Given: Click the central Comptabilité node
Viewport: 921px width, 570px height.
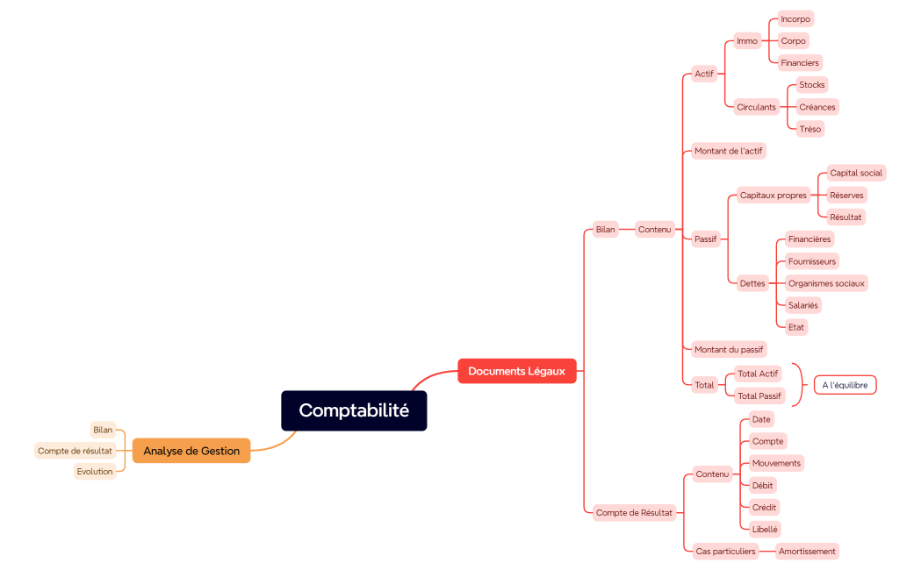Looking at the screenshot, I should [x=354, y=410].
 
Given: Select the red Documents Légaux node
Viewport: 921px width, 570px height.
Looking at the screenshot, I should [x=516, y=371].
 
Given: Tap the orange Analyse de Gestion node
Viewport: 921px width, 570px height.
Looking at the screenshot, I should [x=191, y=451].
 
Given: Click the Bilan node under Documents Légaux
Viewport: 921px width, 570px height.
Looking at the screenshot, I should [x=605, y=230].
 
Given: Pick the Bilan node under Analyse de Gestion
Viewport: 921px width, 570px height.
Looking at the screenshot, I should [x=103, y=430].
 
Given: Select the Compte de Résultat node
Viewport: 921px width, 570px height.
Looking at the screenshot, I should [x=634, y=512].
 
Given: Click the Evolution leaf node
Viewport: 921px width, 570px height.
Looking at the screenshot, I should [x=95, y=472].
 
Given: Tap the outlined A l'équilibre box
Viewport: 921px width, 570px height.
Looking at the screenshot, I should [x=845, y=385].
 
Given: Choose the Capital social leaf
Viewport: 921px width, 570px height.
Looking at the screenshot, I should [x=856, y=173].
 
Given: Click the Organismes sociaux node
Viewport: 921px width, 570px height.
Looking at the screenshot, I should [x=825, y=283].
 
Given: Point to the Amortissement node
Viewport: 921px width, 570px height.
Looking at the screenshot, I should [x=808, y=552].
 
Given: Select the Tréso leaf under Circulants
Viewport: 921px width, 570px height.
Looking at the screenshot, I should [x=809, y=129].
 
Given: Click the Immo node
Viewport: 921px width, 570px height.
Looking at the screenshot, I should [x=747, y=41].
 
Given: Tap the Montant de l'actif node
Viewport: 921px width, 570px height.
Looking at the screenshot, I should [x=728, y=151].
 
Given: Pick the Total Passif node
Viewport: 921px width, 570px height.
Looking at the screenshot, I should [x=759, y=396].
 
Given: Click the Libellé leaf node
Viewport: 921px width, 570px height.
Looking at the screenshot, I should [x=765, y=529].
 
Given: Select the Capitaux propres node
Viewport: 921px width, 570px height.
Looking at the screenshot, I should [x=773, y=196].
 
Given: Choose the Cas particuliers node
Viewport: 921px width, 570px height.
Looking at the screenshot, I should [x=725, y=552].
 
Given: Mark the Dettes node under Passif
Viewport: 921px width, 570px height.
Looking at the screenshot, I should [x=752, y=283].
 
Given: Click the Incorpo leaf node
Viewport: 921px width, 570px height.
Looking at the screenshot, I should [x=795, y=18].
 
